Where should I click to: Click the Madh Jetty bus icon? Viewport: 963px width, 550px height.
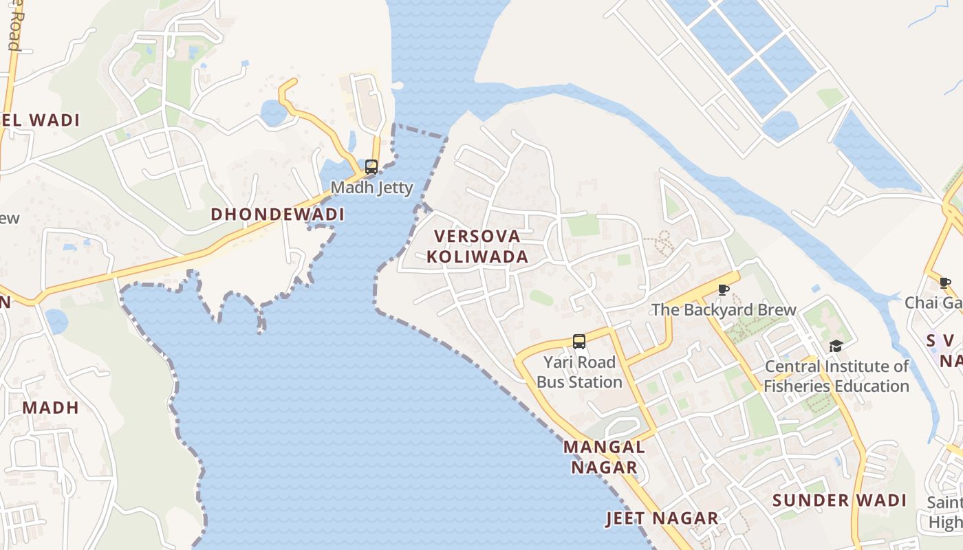click(x=371, y=166)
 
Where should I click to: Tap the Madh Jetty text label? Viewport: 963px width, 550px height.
click(x=371, y=188)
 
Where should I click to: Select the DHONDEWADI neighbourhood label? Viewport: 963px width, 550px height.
click(x=277, y=214)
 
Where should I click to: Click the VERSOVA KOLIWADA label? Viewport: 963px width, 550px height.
click(x=477, y=247)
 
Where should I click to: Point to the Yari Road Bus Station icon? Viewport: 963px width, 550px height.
click(x=579, y=341)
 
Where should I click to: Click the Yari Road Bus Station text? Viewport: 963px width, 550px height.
click(x=579, y=372)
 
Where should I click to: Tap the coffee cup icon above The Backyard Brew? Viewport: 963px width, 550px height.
click(x=723, y=289)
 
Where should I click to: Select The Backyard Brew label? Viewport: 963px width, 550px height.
click(x=724, y=310)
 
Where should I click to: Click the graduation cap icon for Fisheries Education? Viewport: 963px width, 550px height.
click(x=836, y=346)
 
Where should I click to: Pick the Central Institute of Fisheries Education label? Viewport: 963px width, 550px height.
click(x=836, y=376)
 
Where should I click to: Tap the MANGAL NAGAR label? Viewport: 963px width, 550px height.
click(x=604, y=457)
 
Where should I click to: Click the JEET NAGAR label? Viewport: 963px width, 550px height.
click(x=662, y=518)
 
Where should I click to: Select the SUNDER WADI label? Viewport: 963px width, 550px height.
click(x=839, y=500)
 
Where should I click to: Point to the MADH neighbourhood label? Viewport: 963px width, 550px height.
click(x=50, y=408)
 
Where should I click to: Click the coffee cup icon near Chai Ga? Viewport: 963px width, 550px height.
click(x=945, y=283)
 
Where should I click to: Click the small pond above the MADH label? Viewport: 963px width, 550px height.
click(x=56, y=321)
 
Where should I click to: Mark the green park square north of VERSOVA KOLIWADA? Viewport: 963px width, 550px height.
click(x=583, y=225)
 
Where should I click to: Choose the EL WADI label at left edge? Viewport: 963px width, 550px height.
click(x=41, y=120)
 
